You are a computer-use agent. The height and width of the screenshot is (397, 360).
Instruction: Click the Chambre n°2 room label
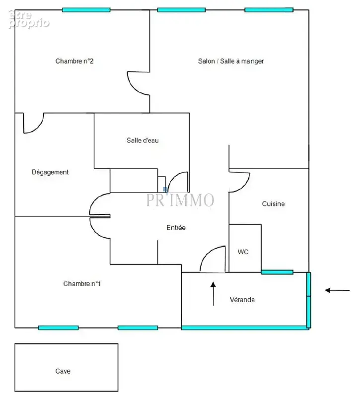(74, 61)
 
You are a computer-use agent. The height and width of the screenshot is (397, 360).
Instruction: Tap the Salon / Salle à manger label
(231, 61)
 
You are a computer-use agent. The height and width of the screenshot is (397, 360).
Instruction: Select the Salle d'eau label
(143, 140)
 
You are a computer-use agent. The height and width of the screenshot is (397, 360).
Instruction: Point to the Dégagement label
(50, 172)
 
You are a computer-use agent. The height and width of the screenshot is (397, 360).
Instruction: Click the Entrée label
(176, 228)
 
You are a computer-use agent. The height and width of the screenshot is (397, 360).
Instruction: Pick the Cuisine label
(273, 204)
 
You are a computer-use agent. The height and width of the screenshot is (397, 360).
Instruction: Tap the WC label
(243, 252)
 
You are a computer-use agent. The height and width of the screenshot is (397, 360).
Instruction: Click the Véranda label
(242, 300)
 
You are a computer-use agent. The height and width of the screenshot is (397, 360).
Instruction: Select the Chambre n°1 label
(82, 283)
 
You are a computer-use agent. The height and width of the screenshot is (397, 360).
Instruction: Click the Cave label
(63, 371)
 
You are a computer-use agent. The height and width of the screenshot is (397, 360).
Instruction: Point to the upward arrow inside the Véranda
(214, 294)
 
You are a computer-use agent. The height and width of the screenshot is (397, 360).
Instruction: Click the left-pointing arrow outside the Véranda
(338, 290)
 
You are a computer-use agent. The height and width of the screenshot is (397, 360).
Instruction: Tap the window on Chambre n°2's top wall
(86, 10)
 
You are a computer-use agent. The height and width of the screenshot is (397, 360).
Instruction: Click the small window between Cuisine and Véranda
(277, 272)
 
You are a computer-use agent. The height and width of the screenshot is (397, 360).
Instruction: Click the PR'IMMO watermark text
(180, 200)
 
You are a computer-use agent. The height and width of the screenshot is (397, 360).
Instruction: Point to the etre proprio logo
(29, 19)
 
